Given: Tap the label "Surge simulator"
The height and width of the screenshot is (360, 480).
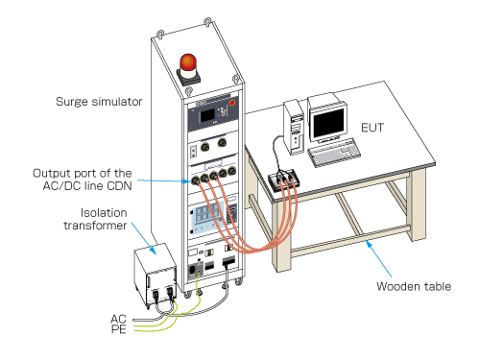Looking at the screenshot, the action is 99,102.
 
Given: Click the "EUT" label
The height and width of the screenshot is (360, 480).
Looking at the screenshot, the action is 372,128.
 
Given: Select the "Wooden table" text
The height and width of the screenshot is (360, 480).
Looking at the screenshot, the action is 414,286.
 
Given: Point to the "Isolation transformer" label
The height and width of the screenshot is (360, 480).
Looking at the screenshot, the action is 95,219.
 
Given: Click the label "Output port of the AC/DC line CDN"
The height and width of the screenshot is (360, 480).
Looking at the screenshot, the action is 83,180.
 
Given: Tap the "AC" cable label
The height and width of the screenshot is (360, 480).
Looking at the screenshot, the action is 118,319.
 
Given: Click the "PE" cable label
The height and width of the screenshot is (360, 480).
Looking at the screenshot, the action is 119,329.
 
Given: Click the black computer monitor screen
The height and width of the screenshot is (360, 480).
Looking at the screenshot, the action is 328,123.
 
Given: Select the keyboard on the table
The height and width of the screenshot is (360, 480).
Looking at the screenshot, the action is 334,153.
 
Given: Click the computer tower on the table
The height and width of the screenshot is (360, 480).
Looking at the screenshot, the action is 295,127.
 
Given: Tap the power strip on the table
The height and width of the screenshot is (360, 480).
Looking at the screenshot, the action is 283,180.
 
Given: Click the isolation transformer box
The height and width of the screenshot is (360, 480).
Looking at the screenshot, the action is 156,275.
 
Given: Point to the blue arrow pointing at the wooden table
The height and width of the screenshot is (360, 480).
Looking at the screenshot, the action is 379,258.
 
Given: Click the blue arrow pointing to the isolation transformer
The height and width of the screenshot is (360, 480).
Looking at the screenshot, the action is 144,238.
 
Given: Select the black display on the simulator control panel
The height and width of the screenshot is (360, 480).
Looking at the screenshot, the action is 207,116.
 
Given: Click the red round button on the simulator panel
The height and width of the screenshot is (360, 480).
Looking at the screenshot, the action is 232,103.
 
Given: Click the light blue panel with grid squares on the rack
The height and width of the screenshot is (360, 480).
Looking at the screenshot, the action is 207,215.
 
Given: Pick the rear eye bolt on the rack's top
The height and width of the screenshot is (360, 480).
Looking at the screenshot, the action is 208,22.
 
